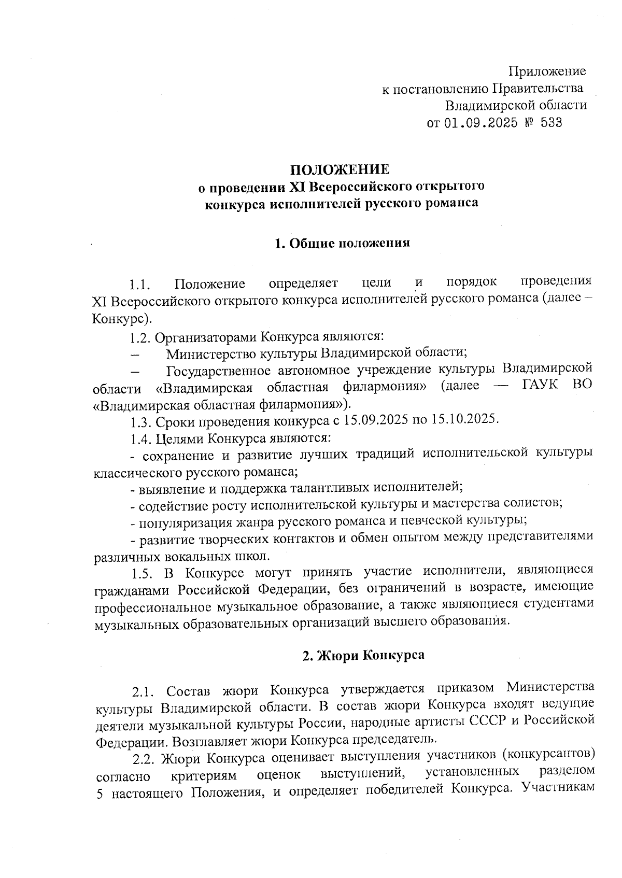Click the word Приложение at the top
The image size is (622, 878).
pos(547,71)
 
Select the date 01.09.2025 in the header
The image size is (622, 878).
pos(482,123)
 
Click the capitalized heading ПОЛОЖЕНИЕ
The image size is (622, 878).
pos(340,169)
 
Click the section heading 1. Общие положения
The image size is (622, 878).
pos(342,243)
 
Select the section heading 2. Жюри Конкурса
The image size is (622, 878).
pos(363,655)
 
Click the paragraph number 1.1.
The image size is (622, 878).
pos(140,285)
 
